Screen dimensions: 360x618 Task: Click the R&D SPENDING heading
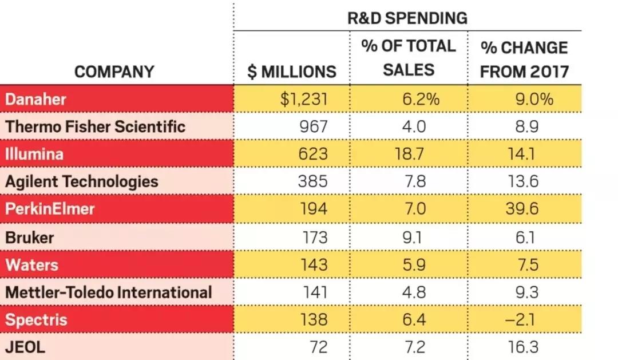[407, 18]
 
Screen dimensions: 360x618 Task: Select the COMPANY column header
[114, 72]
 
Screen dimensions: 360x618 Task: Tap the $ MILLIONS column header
[292, 72]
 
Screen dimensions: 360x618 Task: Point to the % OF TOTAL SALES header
[409, 58]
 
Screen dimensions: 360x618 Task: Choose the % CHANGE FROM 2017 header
[524, 59]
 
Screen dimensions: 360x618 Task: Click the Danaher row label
[35, 99]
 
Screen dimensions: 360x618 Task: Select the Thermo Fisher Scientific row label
[95, 126]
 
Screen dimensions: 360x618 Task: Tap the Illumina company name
[34, 154]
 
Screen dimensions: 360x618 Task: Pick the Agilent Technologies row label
[81, 181]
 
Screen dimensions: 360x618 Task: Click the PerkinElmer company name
[50, 209]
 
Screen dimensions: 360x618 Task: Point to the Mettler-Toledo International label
[109, 292]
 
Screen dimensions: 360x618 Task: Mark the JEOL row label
[25, 347]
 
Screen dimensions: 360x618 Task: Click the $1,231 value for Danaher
[304, 100]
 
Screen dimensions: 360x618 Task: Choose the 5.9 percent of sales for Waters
[413, 264]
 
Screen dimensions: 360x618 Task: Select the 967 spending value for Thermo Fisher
[314, 126]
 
